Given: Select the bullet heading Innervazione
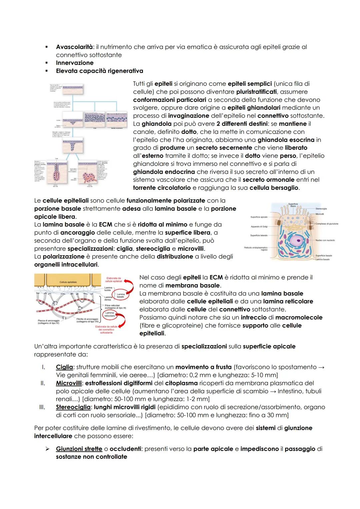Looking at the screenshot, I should click(75, 63).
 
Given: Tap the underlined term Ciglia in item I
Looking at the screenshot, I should click(64, 367).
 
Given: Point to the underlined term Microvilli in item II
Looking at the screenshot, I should click(68, 383).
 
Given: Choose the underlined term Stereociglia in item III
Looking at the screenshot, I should click(73, 407).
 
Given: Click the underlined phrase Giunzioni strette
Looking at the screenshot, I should click(79, 449).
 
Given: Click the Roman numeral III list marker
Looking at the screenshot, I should click(43, 407).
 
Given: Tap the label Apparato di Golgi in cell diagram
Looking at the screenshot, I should click(259, 227).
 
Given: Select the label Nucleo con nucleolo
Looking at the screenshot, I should click(325, 240).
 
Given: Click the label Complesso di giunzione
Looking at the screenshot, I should click(327, 224).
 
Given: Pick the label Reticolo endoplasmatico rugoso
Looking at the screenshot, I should click(256, 249).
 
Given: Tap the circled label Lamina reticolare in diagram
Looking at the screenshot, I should click(110, 314).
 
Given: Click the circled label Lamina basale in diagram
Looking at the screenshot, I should click(121, 295).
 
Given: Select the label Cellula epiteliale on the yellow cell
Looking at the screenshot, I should click(68, 282).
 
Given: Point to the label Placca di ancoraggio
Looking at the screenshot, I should click(49, 322).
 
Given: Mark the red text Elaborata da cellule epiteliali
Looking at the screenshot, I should click(113, 280).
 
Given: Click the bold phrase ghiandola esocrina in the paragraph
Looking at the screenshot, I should click(286, 140).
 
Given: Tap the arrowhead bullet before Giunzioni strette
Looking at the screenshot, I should click(47, 449).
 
